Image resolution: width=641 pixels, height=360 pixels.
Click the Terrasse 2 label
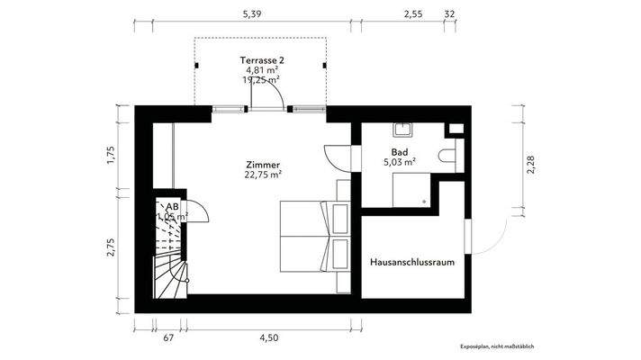tap(259, 58)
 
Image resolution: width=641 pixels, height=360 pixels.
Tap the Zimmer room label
tap(263, 165)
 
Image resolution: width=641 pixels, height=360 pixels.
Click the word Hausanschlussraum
tap(411, 262)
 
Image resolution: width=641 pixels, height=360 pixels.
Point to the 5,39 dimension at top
tap(253, 14)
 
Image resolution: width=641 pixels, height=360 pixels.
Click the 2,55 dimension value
tap(413, 14)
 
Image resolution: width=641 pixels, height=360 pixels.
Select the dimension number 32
tap(449, 14)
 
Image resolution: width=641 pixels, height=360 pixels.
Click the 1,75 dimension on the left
tap(111, 154)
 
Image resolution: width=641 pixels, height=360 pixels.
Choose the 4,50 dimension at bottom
tap(267, 337)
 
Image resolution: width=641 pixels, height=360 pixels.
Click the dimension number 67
tap(168, 337)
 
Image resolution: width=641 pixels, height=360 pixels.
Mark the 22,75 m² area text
tap(263, 175)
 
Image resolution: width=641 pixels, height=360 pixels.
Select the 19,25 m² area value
tap(259, 79)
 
